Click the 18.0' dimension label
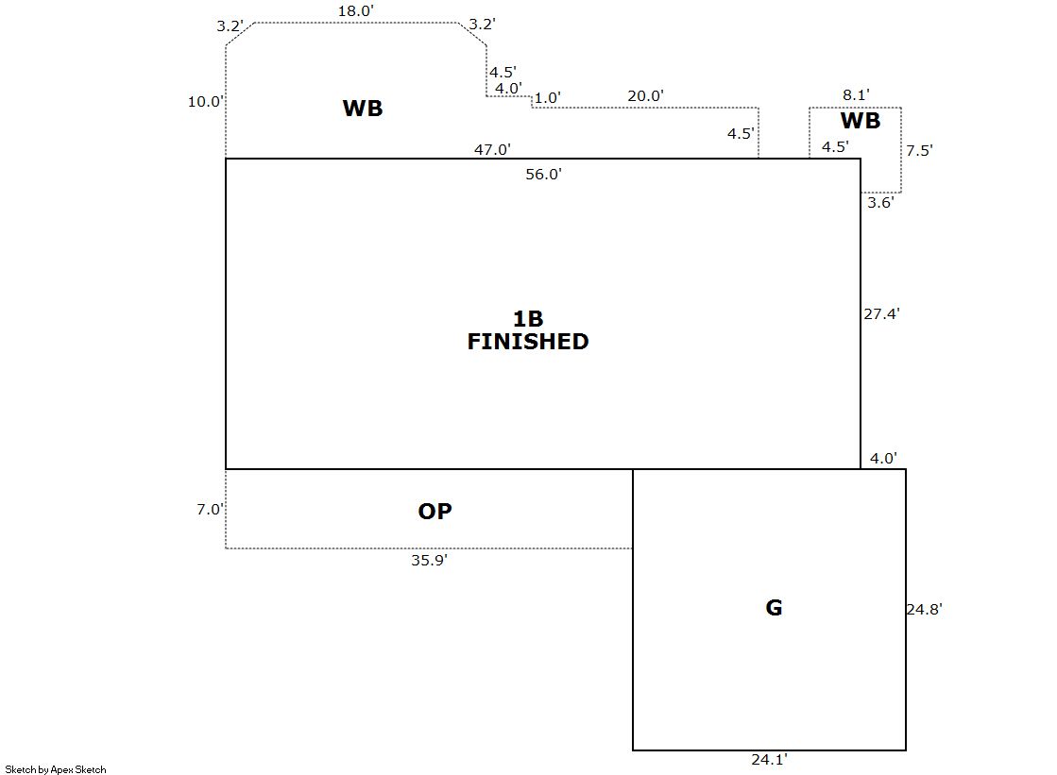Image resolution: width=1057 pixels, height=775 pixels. click(356, 11)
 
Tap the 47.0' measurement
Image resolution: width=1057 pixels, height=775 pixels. click(492, 149)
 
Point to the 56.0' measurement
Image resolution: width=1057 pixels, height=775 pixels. click(544, 174)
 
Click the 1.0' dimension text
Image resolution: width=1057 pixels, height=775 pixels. click(547, 97)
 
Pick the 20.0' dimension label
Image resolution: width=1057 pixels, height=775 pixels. click(646, 95)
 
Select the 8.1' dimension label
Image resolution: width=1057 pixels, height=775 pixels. click(856, 94)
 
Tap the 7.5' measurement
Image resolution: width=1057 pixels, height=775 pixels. click(919, 150)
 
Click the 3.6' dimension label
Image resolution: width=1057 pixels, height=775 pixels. click(880, 201)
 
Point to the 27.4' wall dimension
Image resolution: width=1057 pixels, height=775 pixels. click(881, 314)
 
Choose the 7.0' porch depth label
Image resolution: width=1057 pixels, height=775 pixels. click(210, 509)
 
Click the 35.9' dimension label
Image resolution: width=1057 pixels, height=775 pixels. click(429, 560)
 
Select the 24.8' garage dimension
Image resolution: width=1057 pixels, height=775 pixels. click(924, 609)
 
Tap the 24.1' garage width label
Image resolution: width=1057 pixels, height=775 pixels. click(768, 758)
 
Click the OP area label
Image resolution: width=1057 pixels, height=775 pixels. click(435, 512)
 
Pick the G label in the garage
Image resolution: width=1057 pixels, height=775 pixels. click(774, 608)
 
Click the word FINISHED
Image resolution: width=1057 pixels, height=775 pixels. click(528, 342)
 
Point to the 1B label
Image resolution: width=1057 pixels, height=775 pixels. click(528, 319)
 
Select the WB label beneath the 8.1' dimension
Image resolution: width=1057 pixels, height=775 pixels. click(860, 121)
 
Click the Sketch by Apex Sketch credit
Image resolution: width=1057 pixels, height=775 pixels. click(56, 769)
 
